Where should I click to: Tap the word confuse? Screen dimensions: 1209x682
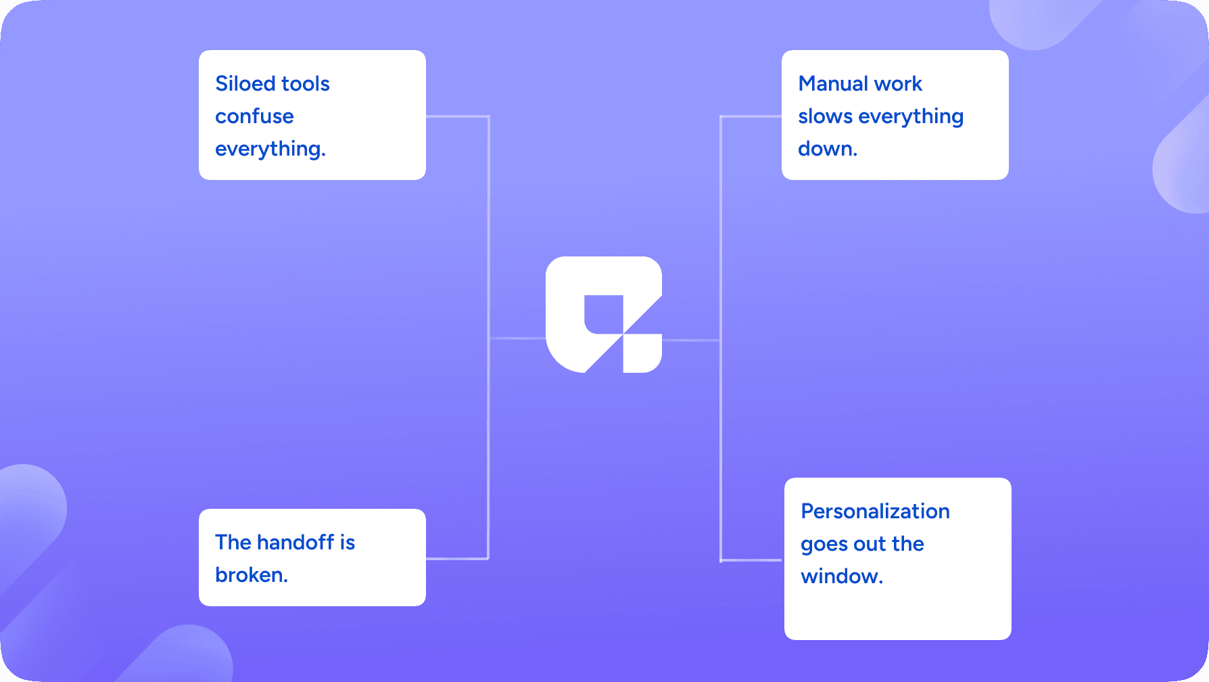point(254,116)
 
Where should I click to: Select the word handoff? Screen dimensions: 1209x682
point(295,542)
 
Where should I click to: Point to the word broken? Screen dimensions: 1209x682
point(252,574)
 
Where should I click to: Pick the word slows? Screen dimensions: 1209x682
point(825,116)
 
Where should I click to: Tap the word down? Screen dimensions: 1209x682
point(828,149)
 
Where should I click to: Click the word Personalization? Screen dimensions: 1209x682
point(876,511)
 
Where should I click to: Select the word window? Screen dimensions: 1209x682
point(842,576)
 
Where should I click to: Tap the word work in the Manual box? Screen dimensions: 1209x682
point(899,83)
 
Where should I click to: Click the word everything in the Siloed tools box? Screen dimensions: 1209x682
point(270,149)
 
